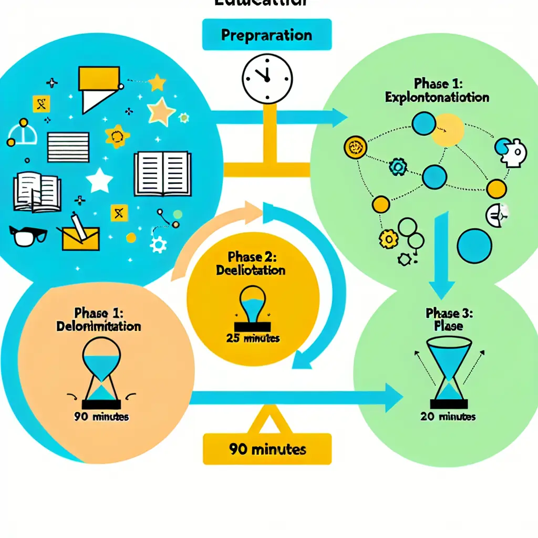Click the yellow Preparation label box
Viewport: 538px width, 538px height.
tap(266, 36)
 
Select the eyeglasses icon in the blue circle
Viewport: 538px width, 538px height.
tap(28, 236)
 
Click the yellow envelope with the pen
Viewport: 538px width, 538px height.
tap(81, 236)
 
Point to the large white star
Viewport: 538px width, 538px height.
tap(99, 180)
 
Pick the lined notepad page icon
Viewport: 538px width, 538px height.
tap(68, 146)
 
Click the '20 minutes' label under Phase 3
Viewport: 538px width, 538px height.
tap(448, 417)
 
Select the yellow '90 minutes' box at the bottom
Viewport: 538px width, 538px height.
tap(267, 450)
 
